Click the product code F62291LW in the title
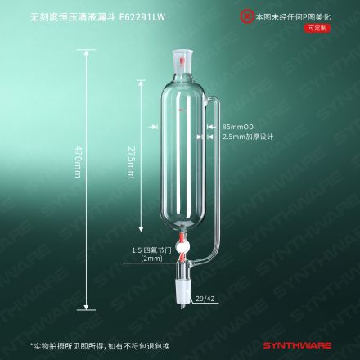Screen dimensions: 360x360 tap(142, 17)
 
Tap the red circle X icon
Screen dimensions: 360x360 tap(247, 16)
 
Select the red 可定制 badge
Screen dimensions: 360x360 tap(317, 28)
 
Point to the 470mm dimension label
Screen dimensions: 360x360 tap(79, 161)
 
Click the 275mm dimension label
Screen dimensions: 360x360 tap(131, 162)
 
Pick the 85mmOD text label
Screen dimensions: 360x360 tap(238, 127)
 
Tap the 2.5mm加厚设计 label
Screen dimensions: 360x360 tap(248, 137)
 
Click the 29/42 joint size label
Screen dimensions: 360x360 tap(205, 299)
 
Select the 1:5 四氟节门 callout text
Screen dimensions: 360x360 tap(151, 250)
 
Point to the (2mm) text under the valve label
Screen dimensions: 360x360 tap(151, 259)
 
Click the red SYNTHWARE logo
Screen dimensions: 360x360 tap(297, 345)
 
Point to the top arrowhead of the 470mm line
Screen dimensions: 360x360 tap(86, 53)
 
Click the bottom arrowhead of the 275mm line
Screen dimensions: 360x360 tap(141, 229)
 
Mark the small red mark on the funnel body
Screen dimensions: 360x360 tap(181, 110)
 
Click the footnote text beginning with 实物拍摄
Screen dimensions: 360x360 tap(100, 346)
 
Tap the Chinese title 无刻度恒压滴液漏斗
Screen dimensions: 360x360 tap(74, 17)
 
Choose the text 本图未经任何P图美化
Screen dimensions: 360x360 tap(293, 17)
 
